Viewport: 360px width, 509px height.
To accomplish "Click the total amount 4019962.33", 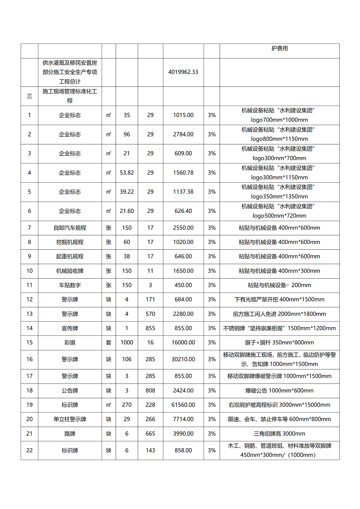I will coord(183,72).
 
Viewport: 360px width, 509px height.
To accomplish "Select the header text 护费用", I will coord(279,49).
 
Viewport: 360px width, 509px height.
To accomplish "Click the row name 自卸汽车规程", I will coord(70,228).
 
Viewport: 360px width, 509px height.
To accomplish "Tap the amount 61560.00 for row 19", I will coord(183,405).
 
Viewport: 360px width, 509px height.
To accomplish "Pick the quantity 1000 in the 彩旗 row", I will coord(127,342).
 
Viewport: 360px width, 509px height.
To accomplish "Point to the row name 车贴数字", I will coord(70,285).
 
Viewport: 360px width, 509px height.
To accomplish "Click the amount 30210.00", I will coord(183,359).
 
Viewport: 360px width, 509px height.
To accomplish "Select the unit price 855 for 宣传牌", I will coord(150,328).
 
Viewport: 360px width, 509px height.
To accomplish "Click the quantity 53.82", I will coord(127,173).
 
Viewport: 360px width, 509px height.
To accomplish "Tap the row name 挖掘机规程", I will coord(70,242).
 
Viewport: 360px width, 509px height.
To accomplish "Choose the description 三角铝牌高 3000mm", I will coord(279,433).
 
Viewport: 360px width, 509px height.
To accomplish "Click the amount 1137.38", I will coord(183,192).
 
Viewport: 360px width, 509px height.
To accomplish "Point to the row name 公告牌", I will coord(70,390).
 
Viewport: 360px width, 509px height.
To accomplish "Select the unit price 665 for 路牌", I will coord(150,433).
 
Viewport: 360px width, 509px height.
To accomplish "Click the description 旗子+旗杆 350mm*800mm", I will coord(279,342).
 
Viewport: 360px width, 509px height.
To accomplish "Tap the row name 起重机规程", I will coord(70,257).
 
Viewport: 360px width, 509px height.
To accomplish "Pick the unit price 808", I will coord(150,390).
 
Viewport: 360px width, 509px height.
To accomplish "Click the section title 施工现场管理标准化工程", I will coord(70,96).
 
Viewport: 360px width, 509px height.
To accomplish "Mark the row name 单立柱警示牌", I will coord(70,419).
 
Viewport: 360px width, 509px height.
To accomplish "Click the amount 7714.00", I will coord(183,419).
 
